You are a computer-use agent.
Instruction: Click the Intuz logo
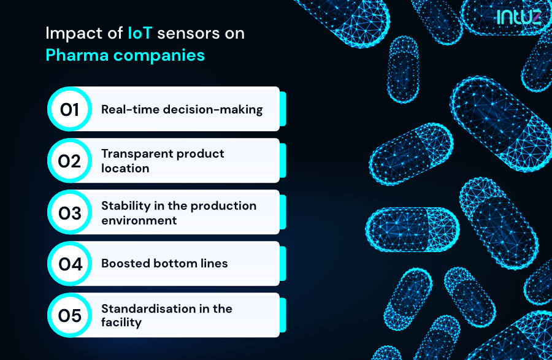tap(519, 16)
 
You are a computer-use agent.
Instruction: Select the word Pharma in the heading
tap(72, 55)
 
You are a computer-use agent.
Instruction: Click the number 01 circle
tap(69, 109)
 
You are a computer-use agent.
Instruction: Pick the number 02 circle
tap(69, 161)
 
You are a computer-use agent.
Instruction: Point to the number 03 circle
tap(69, 213)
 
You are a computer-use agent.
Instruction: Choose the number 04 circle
tap(69, 264)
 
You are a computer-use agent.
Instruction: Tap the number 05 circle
tap(69, 315)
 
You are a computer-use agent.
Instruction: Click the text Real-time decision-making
tap(182, 110)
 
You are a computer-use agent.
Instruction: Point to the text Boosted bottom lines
tap(164, 264)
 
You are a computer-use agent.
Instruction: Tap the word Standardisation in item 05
tap(147, 308)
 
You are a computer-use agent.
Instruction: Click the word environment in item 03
tap(139, 220)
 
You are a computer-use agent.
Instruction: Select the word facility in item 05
tap(121, 323)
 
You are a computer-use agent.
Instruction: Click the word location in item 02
tap(125, 168)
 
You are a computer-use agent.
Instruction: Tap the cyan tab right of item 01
tap(283, 109)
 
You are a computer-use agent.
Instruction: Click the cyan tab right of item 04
tap(283, 264)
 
